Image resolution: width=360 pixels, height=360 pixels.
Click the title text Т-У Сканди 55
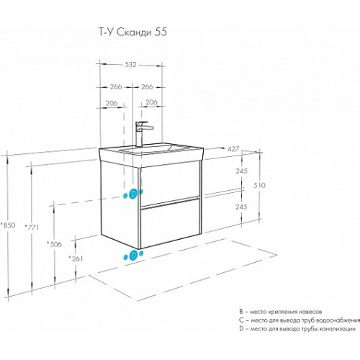click(133, 32)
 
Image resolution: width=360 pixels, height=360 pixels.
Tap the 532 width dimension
click(130, 65)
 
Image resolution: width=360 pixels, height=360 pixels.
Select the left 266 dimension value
click(116, 86)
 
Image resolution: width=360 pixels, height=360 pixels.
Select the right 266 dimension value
click(147, 86)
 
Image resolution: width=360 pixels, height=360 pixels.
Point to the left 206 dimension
click(112, 103)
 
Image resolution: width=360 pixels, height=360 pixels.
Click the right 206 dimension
click(151, 102)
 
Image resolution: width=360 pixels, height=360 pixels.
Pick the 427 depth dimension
click(233, 149)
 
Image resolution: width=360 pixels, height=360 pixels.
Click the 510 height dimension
click(259, 185)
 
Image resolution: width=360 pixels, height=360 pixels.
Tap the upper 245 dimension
click(241, 171)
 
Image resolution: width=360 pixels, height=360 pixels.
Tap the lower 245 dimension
click(241, 207)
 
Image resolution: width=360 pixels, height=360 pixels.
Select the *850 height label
click(8, 225)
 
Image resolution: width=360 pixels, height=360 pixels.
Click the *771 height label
click(32, 227)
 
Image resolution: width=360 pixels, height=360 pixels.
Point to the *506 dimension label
click(55, 244)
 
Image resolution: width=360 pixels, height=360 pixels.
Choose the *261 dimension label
click(76, 258)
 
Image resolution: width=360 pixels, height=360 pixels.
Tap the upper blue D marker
click(133, 194)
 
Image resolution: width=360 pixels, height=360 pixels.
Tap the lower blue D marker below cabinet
click(133, 256)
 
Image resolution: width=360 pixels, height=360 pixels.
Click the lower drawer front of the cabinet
click(169, 222)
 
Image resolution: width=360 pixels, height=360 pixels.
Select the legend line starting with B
click(280, 312)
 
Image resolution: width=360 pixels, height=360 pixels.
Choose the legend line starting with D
click(297, 329)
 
